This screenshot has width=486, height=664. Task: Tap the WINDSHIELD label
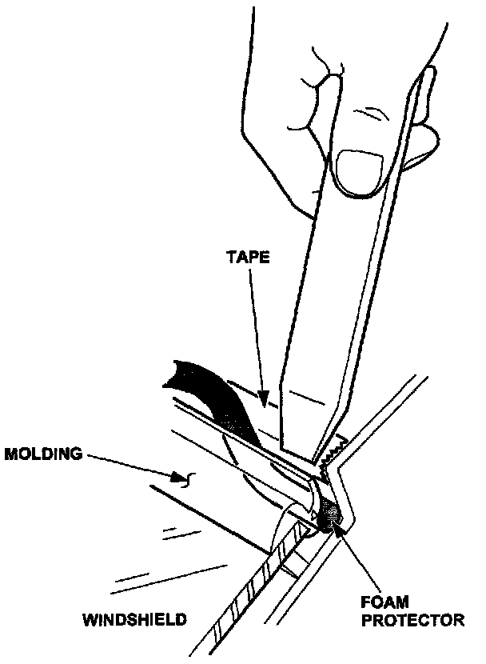coord(134,618)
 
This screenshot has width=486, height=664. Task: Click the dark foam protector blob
coord(329,517)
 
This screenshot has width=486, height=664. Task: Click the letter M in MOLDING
coord(11,454)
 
